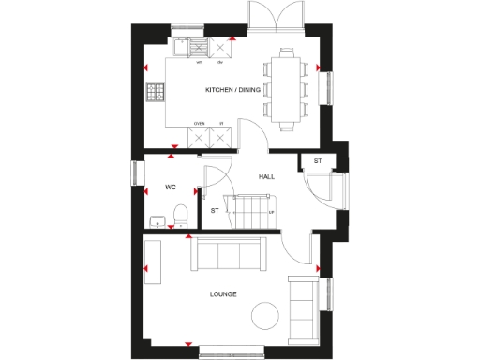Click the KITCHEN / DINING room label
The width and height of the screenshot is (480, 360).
point(233,90)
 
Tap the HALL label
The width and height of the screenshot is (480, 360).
point(267,176)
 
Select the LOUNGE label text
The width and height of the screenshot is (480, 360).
point(223,294)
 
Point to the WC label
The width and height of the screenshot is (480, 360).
point(171,187)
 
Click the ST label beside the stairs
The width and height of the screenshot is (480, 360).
point(215,209)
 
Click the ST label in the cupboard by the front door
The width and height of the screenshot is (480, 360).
point(317,161)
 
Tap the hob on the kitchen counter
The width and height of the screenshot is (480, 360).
point(156,93)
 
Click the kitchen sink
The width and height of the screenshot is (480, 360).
point(198,48)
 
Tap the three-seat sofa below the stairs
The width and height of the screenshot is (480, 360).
point(226,252)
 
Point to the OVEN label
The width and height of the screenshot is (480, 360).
point(199,123)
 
